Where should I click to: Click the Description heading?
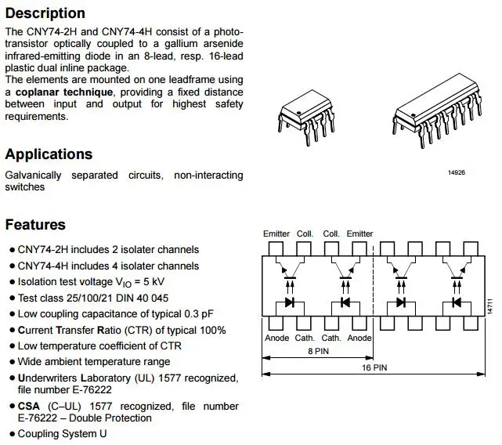(45, 13)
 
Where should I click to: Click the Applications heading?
(49, 154)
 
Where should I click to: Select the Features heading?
(35, 225)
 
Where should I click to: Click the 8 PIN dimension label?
(318, 352)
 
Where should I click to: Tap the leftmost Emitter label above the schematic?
(276, 234)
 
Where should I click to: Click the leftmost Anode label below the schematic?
(277, 338)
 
